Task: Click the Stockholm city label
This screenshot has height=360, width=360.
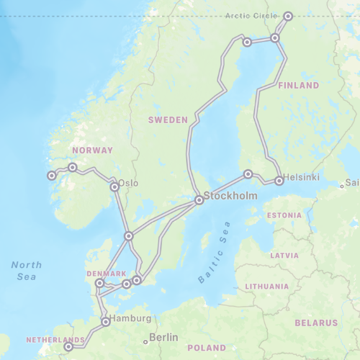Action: pos(231,196)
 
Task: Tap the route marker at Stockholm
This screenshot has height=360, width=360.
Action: pos(199,200)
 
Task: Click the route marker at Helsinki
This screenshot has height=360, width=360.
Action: pos(279,181)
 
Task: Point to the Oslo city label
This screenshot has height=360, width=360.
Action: pos(129,183)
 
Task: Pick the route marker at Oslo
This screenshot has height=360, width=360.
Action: pos(114,186)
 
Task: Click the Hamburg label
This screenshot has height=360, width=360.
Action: pos(131,318)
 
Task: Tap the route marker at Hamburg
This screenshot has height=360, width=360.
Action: pos(106,322)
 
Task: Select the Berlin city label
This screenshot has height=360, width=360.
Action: pos(164,337)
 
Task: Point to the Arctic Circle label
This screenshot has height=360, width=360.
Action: pos(251,16)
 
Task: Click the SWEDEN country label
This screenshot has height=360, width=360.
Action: pos(168,120)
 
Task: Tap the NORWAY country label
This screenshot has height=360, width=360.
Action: pos(93,150)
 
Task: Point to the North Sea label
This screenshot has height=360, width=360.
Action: pos(27,270)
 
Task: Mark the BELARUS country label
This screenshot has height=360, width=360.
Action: pos(316,322)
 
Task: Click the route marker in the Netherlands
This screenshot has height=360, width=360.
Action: pos(68,346)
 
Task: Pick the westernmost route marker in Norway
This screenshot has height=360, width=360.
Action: pos(51,175)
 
